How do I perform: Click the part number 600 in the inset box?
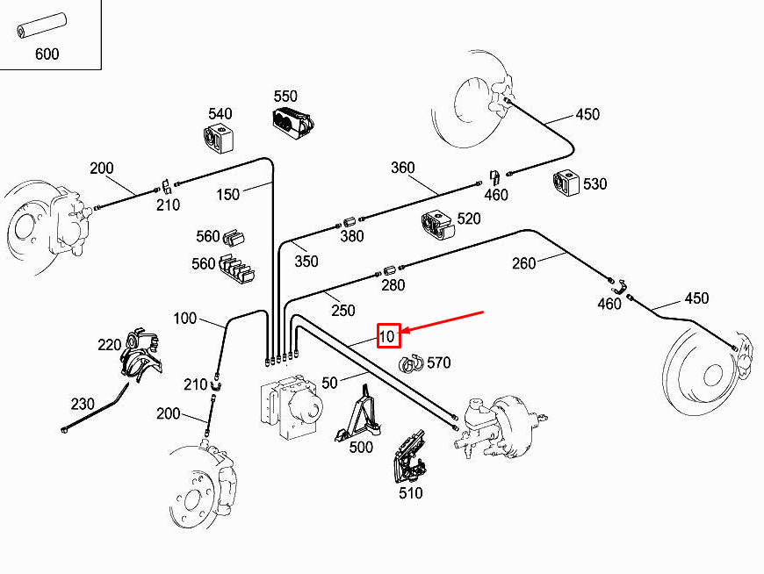click(47, 54)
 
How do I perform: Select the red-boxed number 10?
click(388, 336)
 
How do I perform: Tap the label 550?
click(285, 96)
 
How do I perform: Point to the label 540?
click(220, 113)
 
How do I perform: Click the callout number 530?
click(595, 183)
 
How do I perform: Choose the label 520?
click(469, 219)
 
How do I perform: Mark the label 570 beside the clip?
click(438, 362)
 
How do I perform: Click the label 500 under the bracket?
click(361, 447)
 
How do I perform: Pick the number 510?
click(411, 492)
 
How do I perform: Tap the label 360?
click(403, 168)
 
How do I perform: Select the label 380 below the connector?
click(352, 236)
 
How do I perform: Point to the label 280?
click(393, 285)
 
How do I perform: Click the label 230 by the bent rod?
click(83, 404)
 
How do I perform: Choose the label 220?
click(110, 345)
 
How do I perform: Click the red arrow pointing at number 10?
click(443, 321)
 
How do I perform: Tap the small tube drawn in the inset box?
click(41, 26)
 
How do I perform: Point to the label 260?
click(523, 263)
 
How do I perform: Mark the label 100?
click(184, 319)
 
